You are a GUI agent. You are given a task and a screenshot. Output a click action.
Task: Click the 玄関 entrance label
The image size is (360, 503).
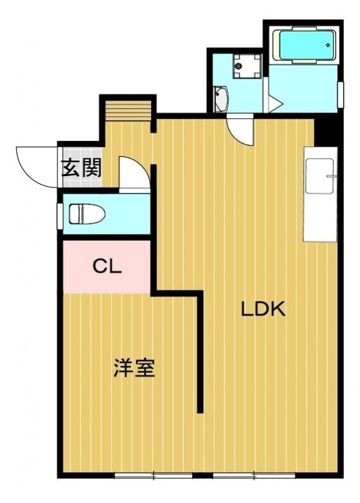pyautogui.click(x=82, y=168)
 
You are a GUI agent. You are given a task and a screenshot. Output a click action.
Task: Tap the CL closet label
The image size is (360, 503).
pyautogui.click(x=107, y=266)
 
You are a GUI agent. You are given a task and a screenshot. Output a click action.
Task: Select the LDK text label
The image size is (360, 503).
pyautogui.click(x=263, y=309)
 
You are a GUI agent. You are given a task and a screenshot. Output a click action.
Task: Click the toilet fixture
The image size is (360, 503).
pyautogui.click(x=87, y=214)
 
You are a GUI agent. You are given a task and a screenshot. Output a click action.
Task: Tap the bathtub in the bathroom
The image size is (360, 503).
pyautogui.click(x=304, y=45)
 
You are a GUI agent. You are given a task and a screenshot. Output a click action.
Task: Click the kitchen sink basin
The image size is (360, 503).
pyautogui.click(x=320, y=176)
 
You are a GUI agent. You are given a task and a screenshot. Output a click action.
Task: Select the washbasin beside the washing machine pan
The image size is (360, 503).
pyautogui.click(x=221, y=99)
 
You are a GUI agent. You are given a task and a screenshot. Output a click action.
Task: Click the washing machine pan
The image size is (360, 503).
pyautogui.click(x=247, y=66)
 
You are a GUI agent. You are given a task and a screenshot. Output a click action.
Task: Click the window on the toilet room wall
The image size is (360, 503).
pyautogui.click(x=60, y=216)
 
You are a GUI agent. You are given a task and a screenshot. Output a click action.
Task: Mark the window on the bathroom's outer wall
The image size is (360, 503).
pyautogui.click(x=340, y=95)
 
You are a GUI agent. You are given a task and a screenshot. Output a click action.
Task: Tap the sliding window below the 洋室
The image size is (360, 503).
pyautogui.click(x=154, y=476)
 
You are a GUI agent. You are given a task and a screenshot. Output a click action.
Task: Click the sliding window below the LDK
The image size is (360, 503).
pyautogui.click(x=254, y=476)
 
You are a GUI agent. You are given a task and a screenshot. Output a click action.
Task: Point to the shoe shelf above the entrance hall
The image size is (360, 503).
pyautogui.click(x=128, y=111)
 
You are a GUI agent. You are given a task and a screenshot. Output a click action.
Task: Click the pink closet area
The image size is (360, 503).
pyautogui.click(x=106, y=267)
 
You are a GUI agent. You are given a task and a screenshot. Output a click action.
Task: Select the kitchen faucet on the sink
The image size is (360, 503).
pyautogui.click(x=331, y=176)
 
